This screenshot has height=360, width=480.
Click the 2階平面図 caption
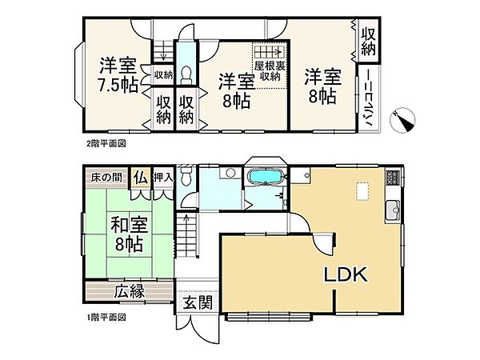point(106,144)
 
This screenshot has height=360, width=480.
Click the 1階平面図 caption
point(106,317)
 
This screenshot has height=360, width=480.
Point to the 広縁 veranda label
point(128,290)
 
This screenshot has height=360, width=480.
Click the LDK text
point(345,275)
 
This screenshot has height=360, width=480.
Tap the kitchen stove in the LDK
point(392,178)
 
